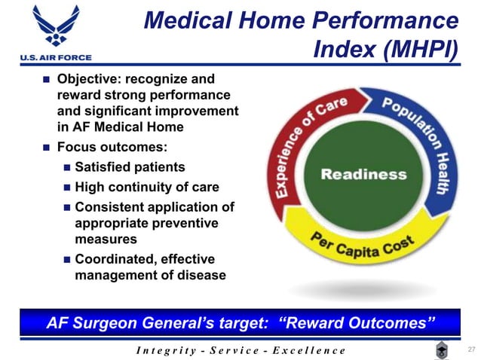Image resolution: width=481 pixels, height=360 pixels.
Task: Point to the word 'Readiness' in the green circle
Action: pyautogui.click(x=363, y=175)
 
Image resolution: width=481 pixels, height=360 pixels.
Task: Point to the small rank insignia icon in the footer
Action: pyautogui.click(x=443, y=349)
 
